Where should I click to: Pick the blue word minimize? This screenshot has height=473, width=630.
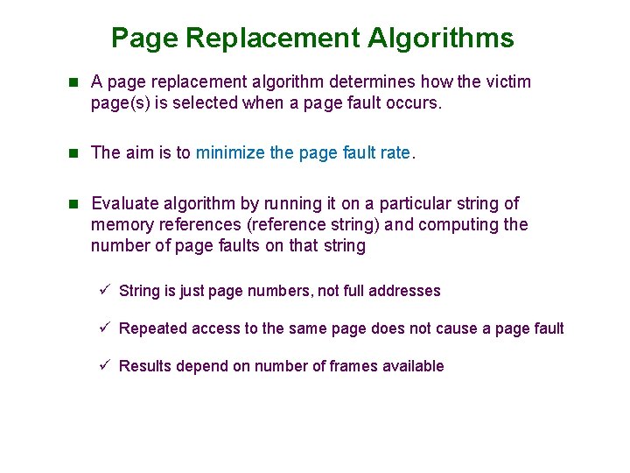(231, 152)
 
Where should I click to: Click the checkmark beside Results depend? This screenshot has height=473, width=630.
(102, 365)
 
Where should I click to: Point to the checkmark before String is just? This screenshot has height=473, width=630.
(102, 290)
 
